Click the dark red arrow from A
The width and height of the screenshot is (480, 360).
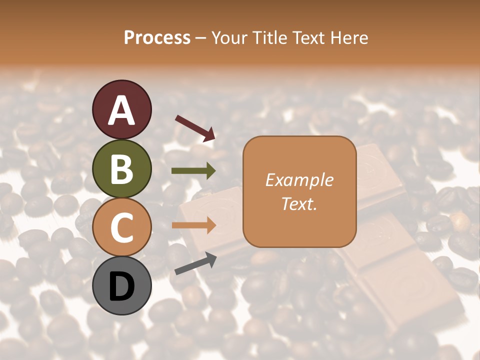point(195,128)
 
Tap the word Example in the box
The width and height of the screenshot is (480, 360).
point(299,180)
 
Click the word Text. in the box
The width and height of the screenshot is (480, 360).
point(299,203)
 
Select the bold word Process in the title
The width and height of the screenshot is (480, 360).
point(157,37)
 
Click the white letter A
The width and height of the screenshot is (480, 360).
point(121,110)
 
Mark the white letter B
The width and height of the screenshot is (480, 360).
point(121,169)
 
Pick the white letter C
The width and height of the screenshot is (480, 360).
point(121,227)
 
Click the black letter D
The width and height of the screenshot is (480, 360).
point(121,286)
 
